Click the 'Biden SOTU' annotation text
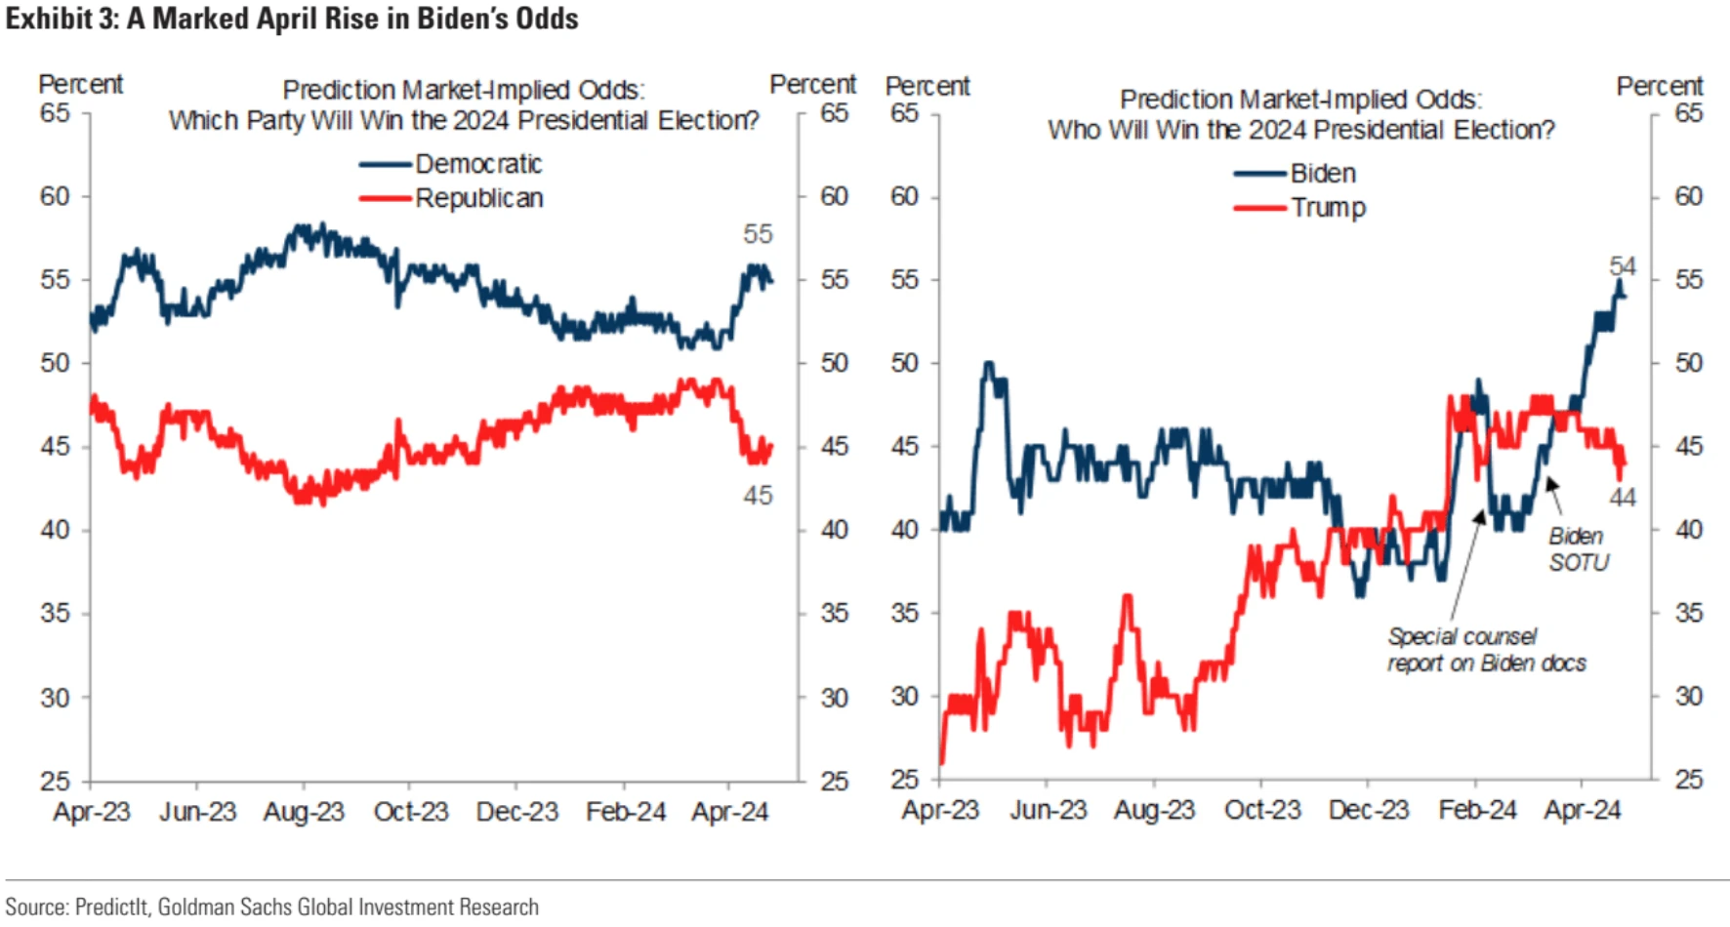click(1578, 549)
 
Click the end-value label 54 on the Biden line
click(1623, 266)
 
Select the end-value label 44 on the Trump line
click(1623, 498)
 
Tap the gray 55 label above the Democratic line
click(758, 234)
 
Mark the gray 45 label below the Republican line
click(758, 496)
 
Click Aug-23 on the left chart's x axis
click(304, 812)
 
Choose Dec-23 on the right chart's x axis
click(1369, 810)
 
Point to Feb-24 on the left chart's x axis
click(626, 812)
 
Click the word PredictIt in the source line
click(111, 907)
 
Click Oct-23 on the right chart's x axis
click(1262, 810)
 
